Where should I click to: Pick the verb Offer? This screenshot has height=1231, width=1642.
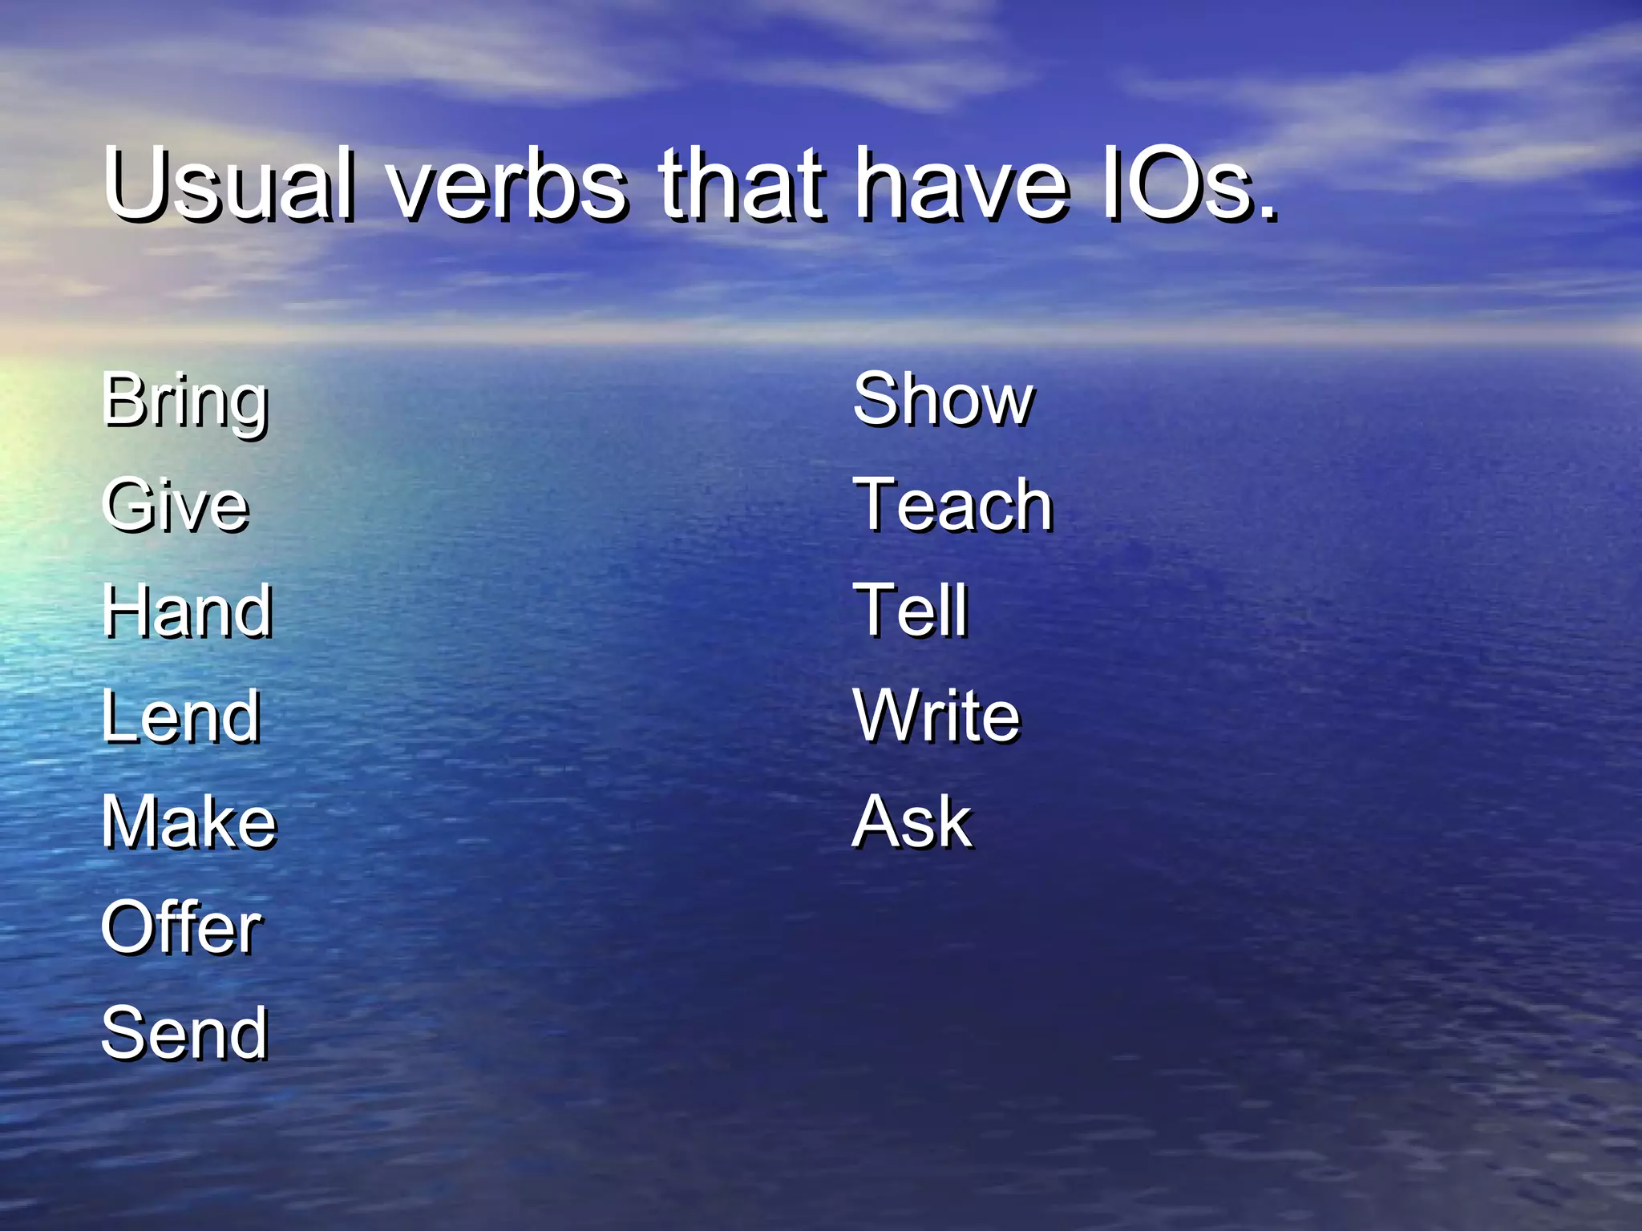click(181, 927)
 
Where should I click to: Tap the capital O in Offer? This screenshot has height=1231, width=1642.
click(127, 927)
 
